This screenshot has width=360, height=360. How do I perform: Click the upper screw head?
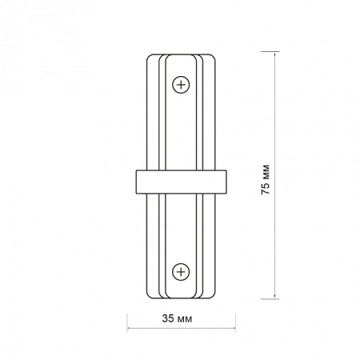(181, 85)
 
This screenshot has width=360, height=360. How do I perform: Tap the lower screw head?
(181, 272)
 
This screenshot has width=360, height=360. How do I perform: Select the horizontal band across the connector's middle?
(182, 182)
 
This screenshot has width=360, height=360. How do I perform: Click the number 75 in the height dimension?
(266, 189)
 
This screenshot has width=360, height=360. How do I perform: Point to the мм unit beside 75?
(266, 172)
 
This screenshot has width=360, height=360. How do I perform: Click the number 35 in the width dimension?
(168, 318)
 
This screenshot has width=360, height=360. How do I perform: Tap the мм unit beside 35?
(185, 319)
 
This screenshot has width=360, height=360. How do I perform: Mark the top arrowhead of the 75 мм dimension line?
(274, 54)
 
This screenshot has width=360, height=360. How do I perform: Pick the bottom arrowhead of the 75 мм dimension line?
(274, 296)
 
